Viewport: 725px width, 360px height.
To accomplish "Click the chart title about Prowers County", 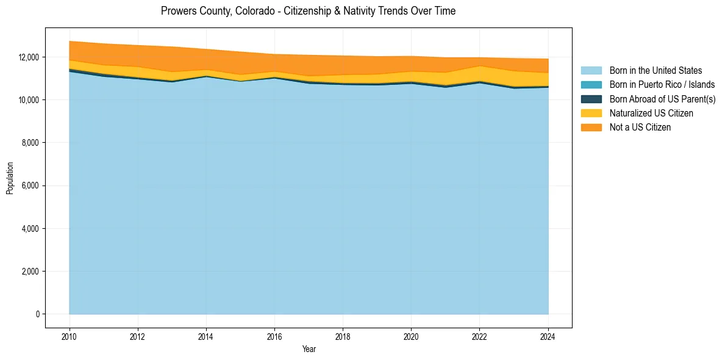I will pos(308,11).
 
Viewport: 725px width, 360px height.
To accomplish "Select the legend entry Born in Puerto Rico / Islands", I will pos(662,85).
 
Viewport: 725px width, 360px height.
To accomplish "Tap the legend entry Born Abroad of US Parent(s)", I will pos(662,99).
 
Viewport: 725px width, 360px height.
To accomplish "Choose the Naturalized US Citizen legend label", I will pos(651,113).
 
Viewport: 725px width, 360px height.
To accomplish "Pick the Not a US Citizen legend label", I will pos(640,127).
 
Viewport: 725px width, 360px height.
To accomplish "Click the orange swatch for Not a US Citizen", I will pos(591,127).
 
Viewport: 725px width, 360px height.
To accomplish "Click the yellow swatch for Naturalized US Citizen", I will pos(591,113).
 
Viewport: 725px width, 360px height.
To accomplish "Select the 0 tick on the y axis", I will pos(37,314).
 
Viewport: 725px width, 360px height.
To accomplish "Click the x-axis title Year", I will pos(309,349).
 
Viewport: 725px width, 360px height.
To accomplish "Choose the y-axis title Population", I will pos(10,178).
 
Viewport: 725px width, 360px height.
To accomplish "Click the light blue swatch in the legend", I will pos(591,71).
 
